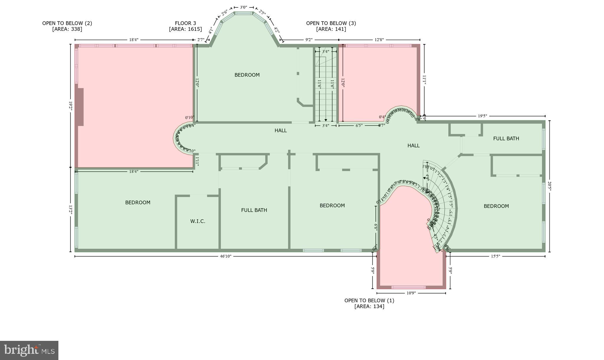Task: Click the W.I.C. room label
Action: [x=198, y=221]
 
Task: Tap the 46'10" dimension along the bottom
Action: [x=226, y=256]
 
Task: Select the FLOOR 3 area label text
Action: [x=185, y=26]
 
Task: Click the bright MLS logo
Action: [x=29, y=350]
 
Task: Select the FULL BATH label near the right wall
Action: [x=506, y=138]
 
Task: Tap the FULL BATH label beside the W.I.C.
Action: [x=254, y=210]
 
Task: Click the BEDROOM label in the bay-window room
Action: [x=247, y=75]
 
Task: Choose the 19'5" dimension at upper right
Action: [x=482, y=116]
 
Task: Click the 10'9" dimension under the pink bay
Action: [x=411, y=293]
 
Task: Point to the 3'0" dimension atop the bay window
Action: [x=243, y=7]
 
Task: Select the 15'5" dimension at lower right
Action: [x=495, y=256]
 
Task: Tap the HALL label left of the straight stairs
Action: [x=280, y=130]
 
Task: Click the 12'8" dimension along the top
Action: [x=379, y=40]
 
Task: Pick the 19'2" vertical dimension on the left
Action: [x=70, y=106]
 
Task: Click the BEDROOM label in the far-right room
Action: [x=496, y=206]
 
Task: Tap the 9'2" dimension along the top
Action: [x=309, y=40]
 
